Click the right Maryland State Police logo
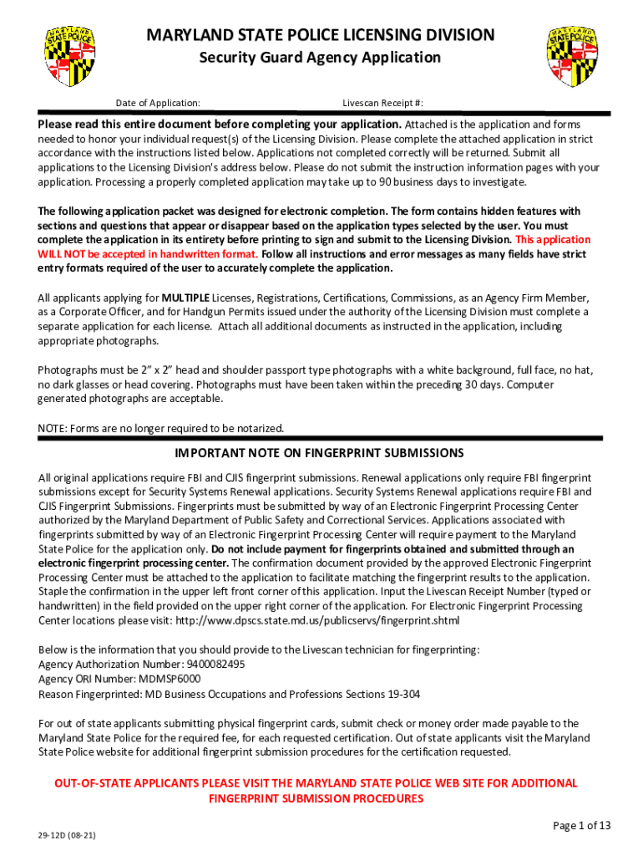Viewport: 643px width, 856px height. (x=572, y=57)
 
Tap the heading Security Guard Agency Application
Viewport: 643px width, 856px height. (x=319, y=58)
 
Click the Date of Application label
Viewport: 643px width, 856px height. (x=158, y=103)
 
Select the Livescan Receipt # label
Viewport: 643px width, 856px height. (x=382, y=103)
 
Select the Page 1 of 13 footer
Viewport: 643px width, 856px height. (x=582, y=826)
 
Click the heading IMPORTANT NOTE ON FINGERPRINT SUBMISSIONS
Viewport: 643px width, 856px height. (x=319, y=453)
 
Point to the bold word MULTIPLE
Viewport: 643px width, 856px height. (x=185, y=298)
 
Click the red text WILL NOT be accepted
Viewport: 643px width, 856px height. (x=92, y=254)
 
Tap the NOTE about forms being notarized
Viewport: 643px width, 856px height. (x=161, y=429)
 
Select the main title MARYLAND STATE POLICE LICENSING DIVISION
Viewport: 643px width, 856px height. (x=321, y=35)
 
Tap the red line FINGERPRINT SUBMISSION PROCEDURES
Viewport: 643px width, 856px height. (x=316, y=798)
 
